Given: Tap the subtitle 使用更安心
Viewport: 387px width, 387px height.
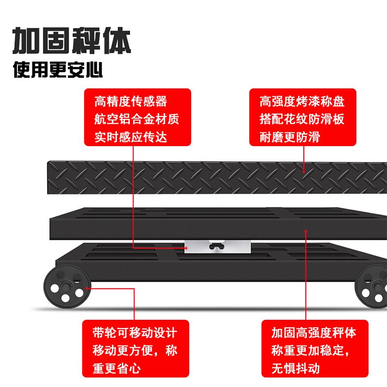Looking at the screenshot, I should (x=58, y=71).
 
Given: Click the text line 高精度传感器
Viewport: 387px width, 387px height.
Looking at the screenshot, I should (x=131, y=102).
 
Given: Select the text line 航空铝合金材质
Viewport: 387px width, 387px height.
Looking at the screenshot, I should (x=137, y=119).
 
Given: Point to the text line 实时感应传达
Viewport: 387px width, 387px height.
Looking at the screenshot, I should (x=131, y=136).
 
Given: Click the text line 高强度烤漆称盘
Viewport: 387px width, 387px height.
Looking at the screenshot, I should (x=302, y=102).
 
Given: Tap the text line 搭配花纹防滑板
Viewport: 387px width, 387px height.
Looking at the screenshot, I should (x=302, y=119).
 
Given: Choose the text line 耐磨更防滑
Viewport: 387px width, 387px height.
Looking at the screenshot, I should (x=289, y=136).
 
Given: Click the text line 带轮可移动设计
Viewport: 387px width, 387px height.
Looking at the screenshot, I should (x=134, y=333).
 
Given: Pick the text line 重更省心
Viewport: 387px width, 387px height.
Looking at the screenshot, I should (x=116, y=368).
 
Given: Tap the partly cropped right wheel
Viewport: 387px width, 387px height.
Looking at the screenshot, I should (x=372, y=288).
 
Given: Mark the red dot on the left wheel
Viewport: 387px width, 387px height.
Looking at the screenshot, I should (x=87, y=288).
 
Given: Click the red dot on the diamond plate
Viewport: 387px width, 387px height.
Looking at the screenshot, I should (x=304, y=170).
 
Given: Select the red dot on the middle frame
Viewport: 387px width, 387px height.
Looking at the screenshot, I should (x=306, y=231).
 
